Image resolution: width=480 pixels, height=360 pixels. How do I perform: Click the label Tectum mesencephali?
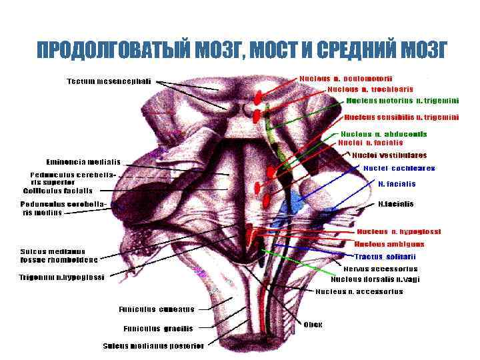pyautogui.click(x=109, y=81)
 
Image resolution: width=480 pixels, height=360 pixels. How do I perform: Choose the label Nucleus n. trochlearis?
pyautogui.click(x=370, y=89)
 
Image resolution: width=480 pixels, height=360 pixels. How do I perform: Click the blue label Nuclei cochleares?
pyautogui.click(x=399, y=168)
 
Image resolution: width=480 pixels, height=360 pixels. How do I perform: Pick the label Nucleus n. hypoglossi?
pyautogui.click(x=399, y=231)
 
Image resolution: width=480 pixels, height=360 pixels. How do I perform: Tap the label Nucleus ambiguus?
pyautogui.click(x=389, y=244)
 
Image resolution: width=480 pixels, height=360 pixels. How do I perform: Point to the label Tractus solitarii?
pyautogui.click(x=385, y=257)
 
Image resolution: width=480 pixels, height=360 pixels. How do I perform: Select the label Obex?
pyautogui.click(x=313, y=325)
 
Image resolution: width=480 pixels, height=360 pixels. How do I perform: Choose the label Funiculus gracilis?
pyautogui.click(x=158, y=328)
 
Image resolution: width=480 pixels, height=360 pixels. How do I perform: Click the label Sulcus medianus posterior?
pyautogui.click(x=153, y=345)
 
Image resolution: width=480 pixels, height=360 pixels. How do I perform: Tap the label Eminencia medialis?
pyautogui.click(x=83, y=162)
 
